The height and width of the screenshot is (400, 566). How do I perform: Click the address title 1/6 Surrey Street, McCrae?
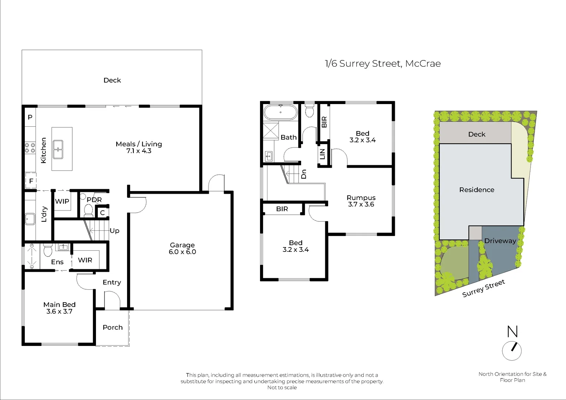point(383,64)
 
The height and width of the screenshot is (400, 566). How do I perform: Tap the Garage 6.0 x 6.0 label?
point(182,249)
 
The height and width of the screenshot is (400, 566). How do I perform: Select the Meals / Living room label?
point(139,147)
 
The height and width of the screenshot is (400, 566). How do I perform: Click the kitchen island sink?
point(58,149)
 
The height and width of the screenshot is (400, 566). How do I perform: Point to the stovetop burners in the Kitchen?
point(30,148)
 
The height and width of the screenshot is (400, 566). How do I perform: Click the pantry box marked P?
point(30,117)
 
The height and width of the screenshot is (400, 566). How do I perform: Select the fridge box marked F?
point(31,181)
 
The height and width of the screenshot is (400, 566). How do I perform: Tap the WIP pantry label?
point(62,201)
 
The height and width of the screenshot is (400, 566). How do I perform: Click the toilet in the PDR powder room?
point(88,210)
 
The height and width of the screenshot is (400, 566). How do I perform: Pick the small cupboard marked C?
point(102,213)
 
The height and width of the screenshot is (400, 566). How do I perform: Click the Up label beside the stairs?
point(114,231)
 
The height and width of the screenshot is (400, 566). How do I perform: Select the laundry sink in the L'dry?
point(30,219)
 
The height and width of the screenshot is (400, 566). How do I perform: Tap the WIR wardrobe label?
point(85,260)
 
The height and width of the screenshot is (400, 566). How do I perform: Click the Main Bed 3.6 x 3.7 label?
point(59,308)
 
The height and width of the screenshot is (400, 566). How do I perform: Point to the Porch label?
point(113,327)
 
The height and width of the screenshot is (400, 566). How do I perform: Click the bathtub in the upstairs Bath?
point(280,112)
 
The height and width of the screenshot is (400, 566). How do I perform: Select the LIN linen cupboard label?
point(322,154)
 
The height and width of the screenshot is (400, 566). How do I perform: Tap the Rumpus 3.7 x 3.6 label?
point(361,201)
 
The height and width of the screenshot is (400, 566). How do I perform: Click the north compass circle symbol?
point(512,351)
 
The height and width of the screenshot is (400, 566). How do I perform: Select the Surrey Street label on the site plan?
point(483,289)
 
